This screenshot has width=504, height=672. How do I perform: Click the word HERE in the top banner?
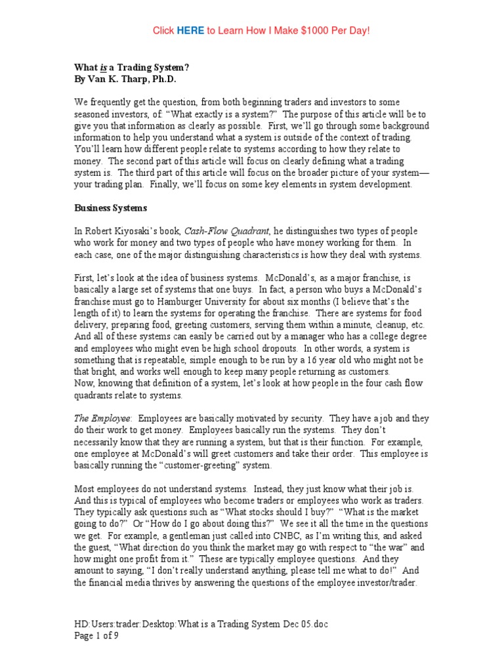(x=190, y=31)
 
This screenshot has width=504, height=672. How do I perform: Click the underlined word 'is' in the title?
(x=104, y=67)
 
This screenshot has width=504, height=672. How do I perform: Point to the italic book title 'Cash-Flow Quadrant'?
(x=224, y=232)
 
